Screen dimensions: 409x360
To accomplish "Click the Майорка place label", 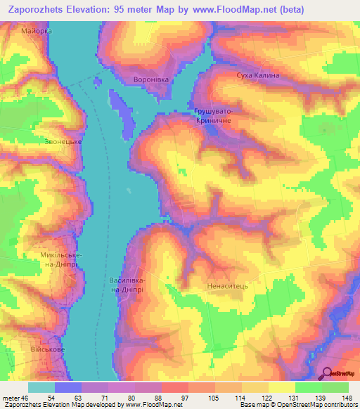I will pyautogui.click(x=37, y=32).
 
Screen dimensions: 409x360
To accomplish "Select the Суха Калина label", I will pyautogui.click(x=258, y=75).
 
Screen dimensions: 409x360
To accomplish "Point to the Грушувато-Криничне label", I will pyautogui.click(x=213, y=116).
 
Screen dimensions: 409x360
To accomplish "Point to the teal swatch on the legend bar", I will pyautogui.click(x=41, y=387).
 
